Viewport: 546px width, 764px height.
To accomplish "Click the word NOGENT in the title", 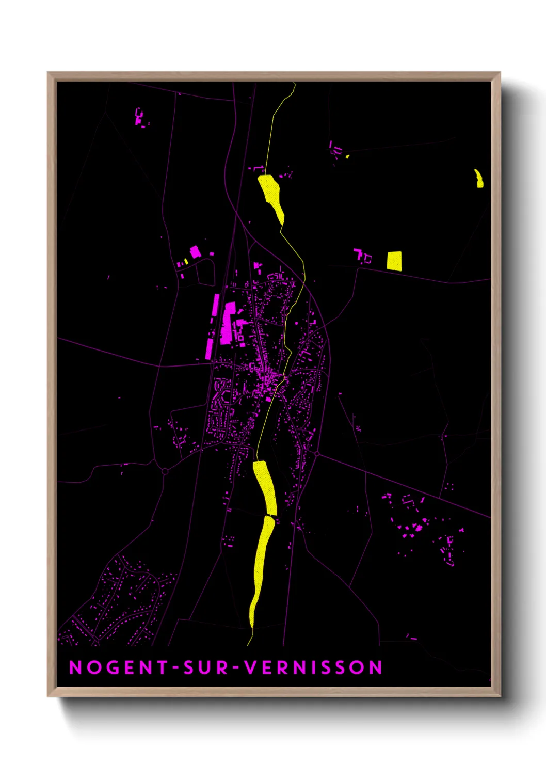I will point(119,667).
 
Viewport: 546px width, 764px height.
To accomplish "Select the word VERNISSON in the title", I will point(313,667).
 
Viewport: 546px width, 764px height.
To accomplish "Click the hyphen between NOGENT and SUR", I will point(176,668).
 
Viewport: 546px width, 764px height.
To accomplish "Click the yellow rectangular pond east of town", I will point(394,261).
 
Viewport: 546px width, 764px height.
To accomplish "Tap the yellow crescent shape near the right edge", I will point(479,178).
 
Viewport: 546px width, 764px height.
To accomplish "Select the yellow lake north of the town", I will point(271,196).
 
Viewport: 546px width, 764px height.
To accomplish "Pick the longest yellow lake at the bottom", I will point(261,568).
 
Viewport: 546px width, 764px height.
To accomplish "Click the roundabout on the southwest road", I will point(165,471).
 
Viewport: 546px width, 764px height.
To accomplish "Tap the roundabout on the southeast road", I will point(316,454).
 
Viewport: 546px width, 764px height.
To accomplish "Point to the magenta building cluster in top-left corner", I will point(139,118).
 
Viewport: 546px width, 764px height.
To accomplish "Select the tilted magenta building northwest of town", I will point(195,252).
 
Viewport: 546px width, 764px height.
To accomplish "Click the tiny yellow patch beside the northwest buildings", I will point(186,262).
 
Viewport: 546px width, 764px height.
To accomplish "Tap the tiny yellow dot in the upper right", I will point(347,156).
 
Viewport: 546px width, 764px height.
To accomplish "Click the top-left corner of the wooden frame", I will point(48,73).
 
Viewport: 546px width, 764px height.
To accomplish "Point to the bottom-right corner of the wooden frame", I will point(500,695).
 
